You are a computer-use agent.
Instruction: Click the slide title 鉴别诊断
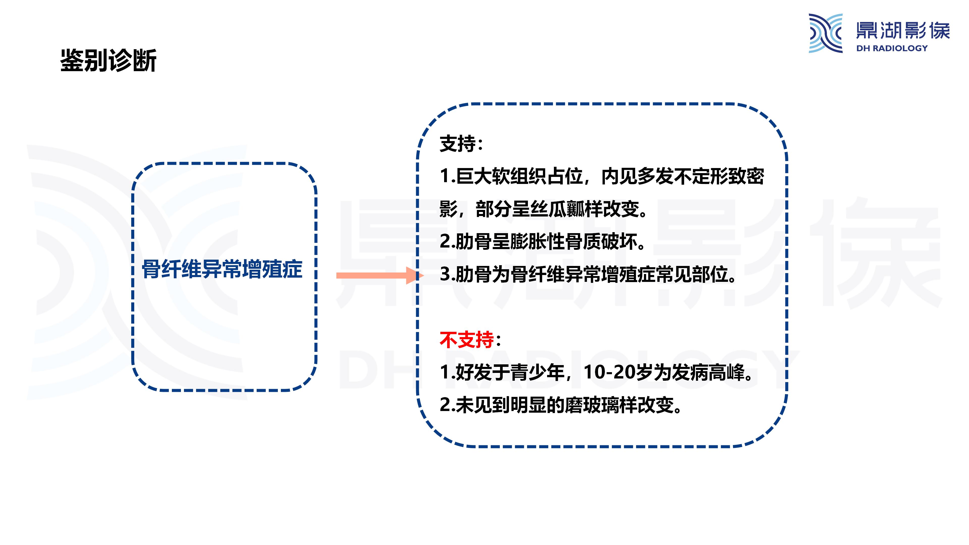tap(108, 60)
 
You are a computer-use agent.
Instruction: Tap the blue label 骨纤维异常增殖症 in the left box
tap(222, 269)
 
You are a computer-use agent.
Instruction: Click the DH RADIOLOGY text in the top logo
tap(892, 48)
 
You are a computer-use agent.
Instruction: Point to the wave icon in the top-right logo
tap(825, 33)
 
